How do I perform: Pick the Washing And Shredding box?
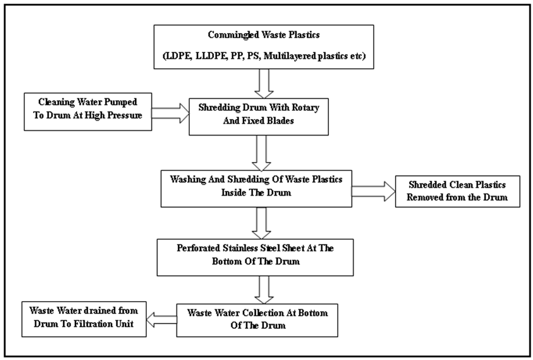click(256, 190)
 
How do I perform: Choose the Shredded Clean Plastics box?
click(458, 191)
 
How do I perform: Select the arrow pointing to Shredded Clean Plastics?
click(373, 191)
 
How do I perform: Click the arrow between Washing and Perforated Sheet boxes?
click(259, 223)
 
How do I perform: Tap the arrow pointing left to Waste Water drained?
click(161, 319)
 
